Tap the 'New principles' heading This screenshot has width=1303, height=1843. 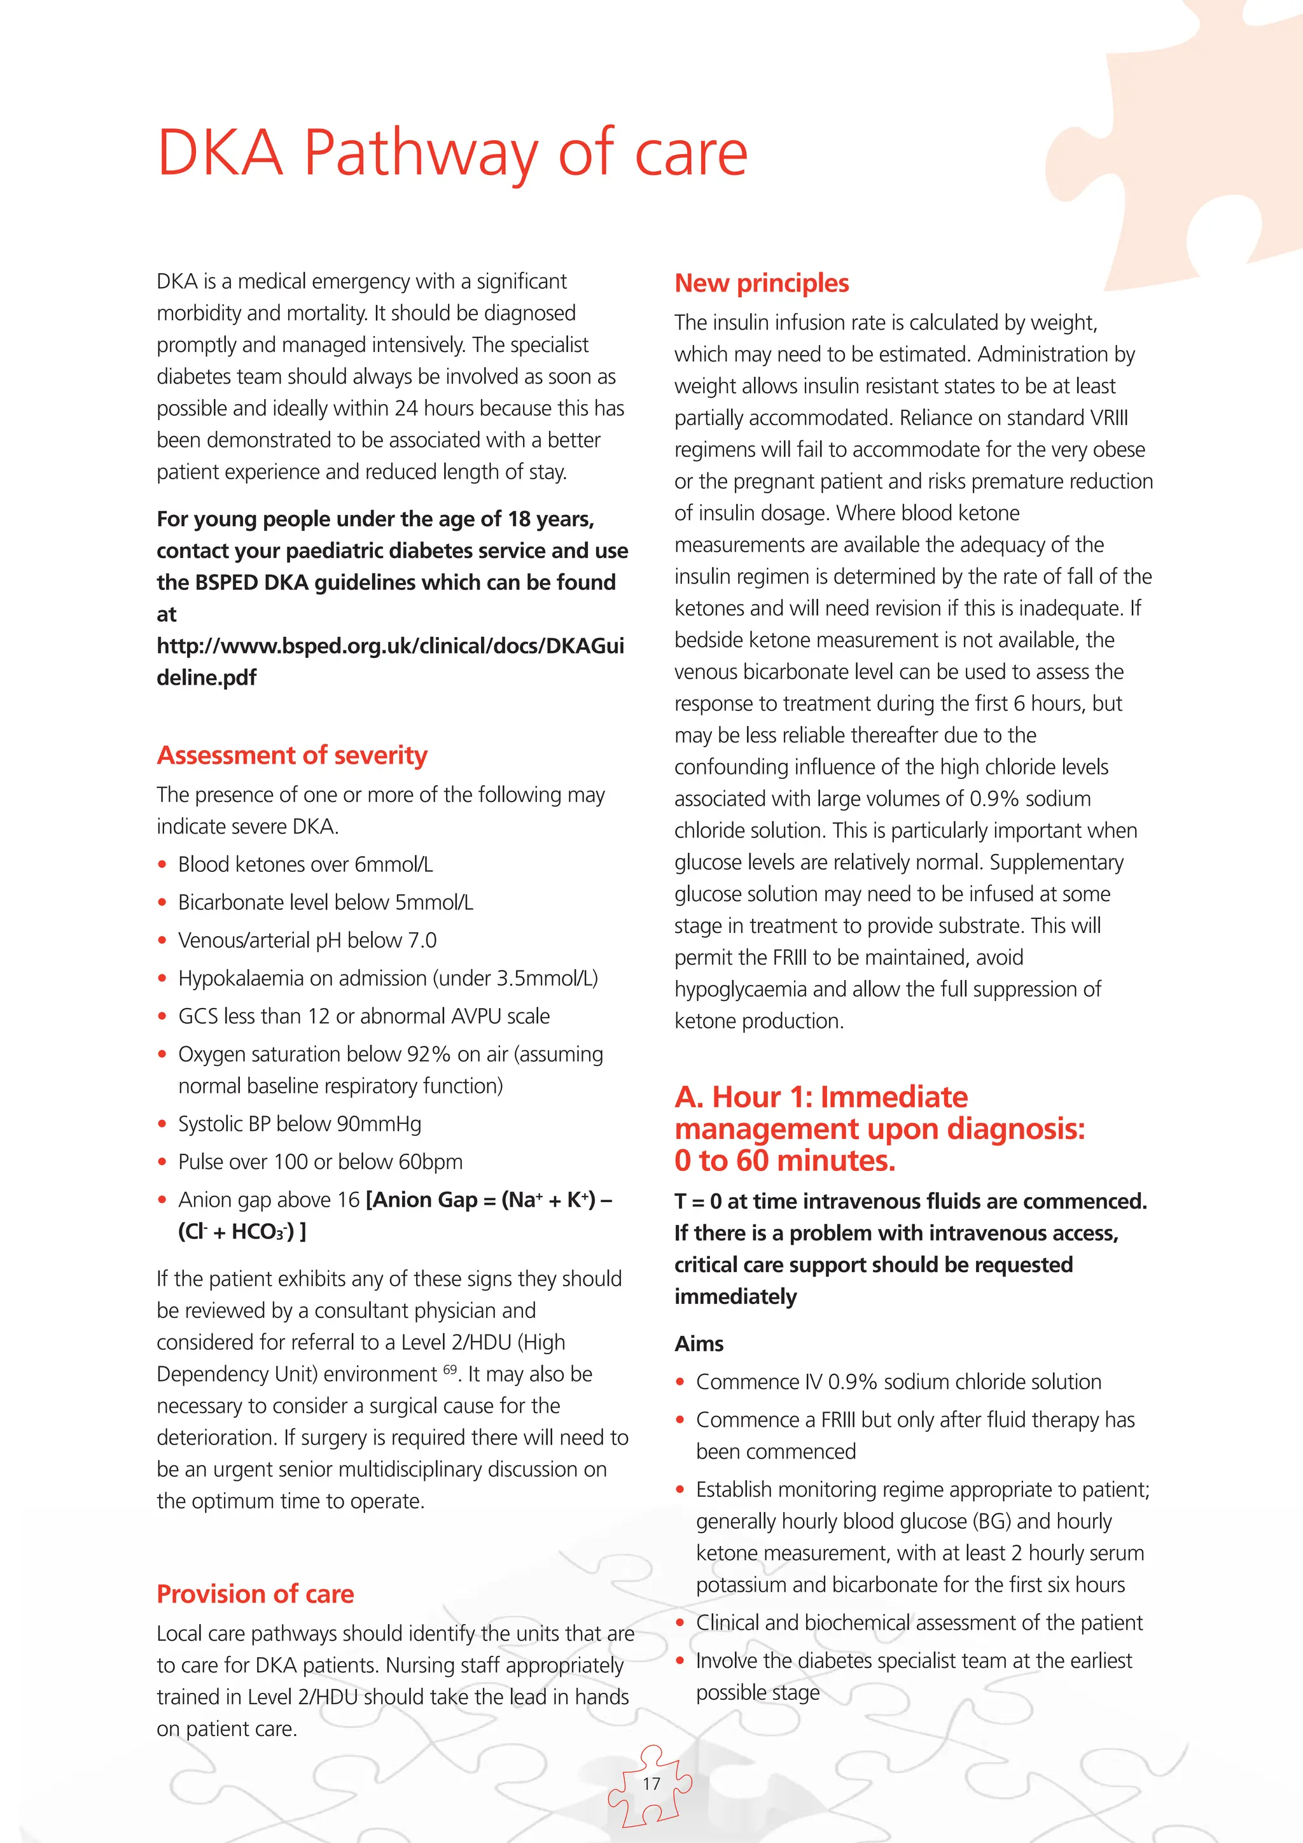[x=761, y=283]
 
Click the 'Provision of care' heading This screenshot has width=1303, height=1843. [x=255, y=1594]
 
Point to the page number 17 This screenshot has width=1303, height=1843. [x=651, y=1784]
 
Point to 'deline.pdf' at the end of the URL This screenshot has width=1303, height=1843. [x=206, y=678]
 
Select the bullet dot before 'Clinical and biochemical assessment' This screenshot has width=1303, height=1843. [x=680, y=1623]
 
